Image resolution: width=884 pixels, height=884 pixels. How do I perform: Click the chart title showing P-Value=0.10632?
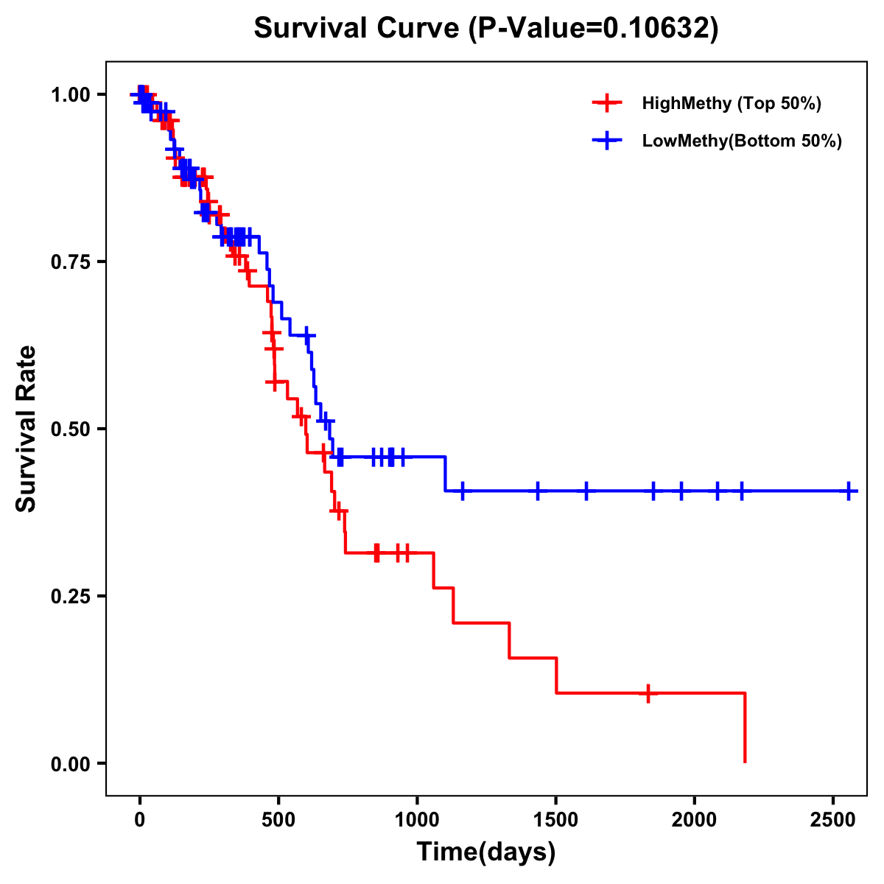[x=485, y=28]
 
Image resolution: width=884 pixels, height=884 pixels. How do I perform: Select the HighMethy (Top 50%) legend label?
[x=731, y=103]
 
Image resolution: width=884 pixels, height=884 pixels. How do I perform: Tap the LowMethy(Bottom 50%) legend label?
[x=742, y=141]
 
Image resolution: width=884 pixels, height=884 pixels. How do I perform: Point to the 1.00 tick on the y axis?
[x=71, y=94]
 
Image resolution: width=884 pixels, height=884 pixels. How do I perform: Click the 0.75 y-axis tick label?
[x=71, y=262]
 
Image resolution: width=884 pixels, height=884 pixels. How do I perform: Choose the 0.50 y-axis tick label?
[x=71, y=429]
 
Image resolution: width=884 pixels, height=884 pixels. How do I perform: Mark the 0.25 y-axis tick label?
[x=71, y=596]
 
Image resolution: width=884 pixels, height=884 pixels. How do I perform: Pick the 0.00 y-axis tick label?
[x=71, y=763]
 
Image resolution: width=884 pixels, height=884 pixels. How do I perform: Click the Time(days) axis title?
[x=485, y=852]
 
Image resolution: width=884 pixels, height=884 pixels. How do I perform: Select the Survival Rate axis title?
[x=27, y=429]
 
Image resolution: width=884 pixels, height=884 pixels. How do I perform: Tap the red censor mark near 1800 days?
[x=648, y=693]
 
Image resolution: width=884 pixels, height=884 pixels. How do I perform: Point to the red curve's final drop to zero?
[x=745, y=729]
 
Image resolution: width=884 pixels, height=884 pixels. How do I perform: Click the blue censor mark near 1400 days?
[x=538, y=491]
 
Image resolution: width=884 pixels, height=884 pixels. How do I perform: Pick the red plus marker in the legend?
[x=606, y=103]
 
